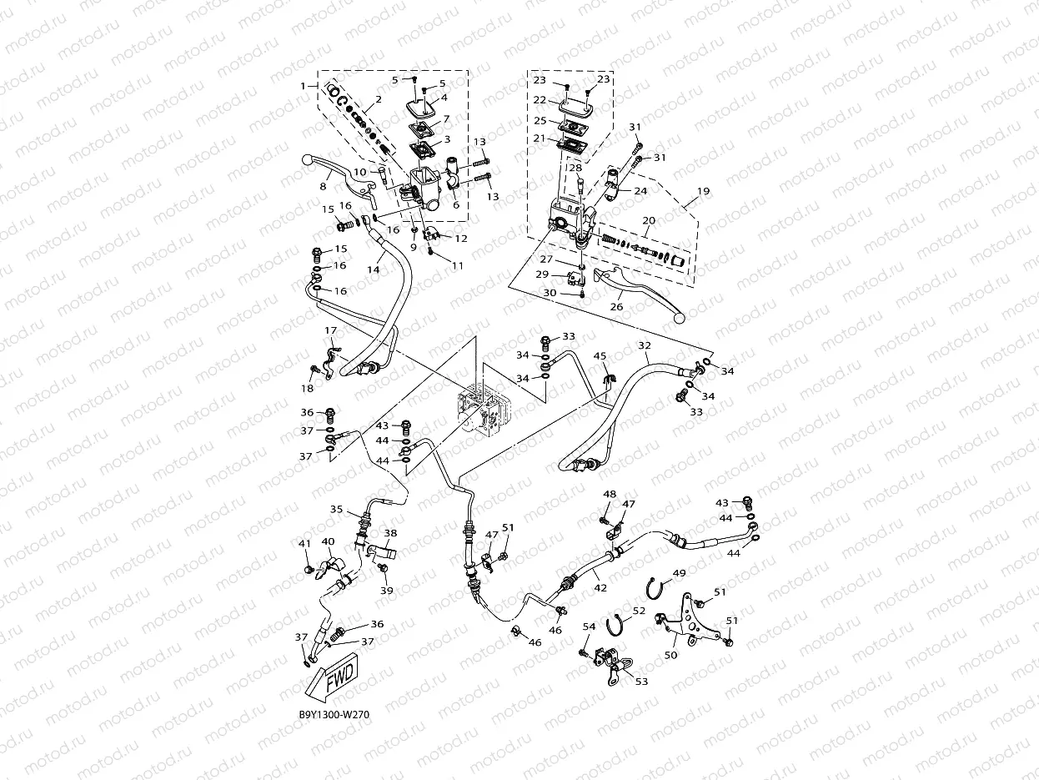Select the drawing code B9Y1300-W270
334,715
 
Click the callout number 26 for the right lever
616,307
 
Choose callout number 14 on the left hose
373,270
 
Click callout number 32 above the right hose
644,345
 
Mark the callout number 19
703,191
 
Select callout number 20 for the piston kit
648,220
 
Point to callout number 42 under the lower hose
600,587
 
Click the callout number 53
641,682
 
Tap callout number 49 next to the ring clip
680,573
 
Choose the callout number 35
337,509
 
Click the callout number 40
328,541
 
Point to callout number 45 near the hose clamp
600,357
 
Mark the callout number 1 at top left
304,86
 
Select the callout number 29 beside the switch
542,274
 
